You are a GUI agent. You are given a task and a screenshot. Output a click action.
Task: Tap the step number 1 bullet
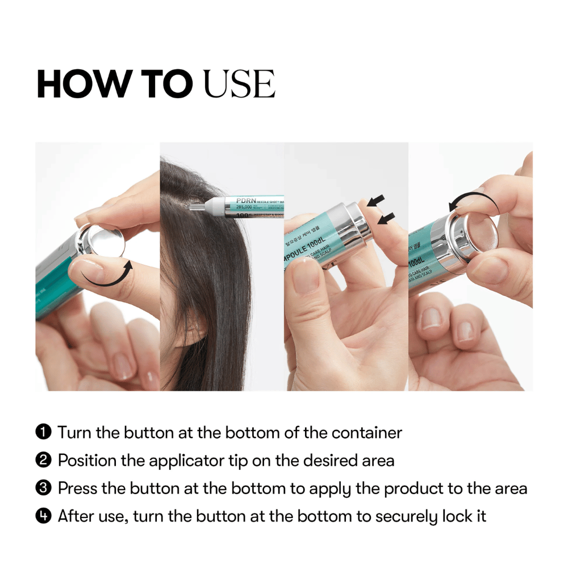click(44, 433)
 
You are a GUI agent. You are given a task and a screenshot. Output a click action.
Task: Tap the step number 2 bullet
click(44, 460)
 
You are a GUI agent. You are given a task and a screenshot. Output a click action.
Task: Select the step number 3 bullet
click(44, 488)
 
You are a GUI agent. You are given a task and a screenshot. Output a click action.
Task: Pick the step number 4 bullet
click(44, 516)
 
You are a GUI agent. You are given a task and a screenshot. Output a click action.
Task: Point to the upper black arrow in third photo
click(375, 200)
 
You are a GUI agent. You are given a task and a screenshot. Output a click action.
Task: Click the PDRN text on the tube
click(245, 200)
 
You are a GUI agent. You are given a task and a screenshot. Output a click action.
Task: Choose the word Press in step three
click(77, 488)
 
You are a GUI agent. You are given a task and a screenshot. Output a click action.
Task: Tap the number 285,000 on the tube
click(248, 208)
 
